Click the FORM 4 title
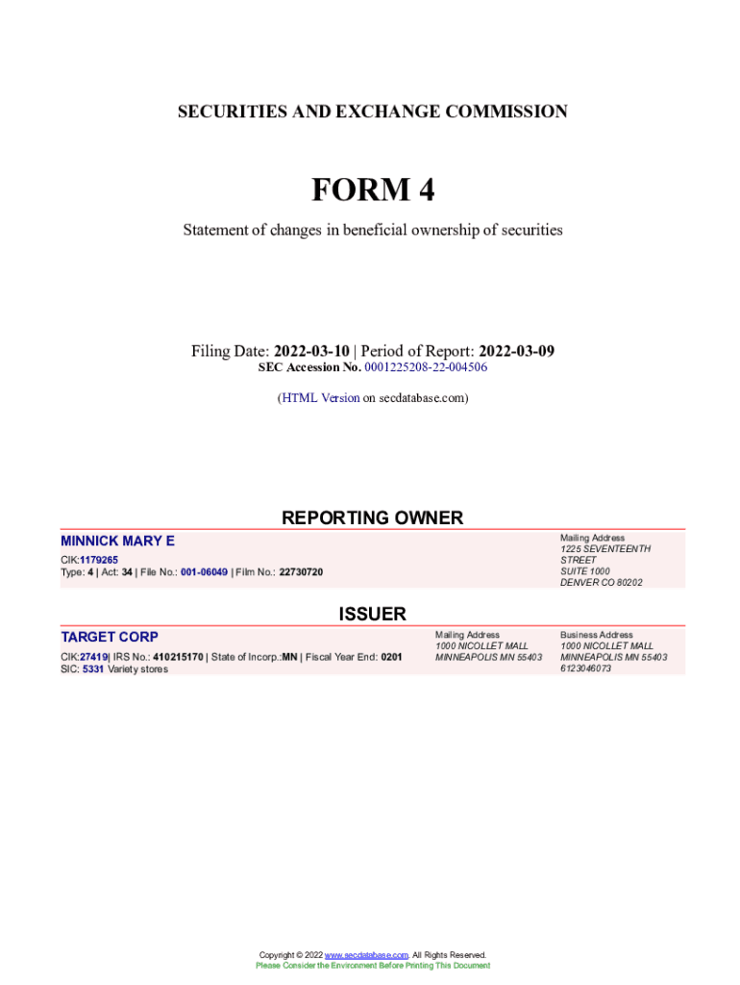pos(372,190)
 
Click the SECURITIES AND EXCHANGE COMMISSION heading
pos(372,112)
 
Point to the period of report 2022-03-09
pos(516,351)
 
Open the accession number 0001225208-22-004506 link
pos(426,367)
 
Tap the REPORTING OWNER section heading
pos(372,518)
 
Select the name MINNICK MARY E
pos(117,542)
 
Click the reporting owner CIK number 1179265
pos(99,559)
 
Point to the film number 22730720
pos(301,572)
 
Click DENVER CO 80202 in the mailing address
pos(602,582)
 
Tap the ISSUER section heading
pos(372,614)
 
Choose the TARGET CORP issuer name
pos(110,637)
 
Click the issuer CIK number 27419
pos(94,657)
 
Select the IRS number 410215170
pos(177,657)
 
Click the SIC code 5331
pos(93,669)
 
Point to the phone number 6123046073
pos(585,669)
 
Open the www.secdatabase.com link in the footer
pos(367,955)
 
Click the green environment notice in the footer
pos(372,966)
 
